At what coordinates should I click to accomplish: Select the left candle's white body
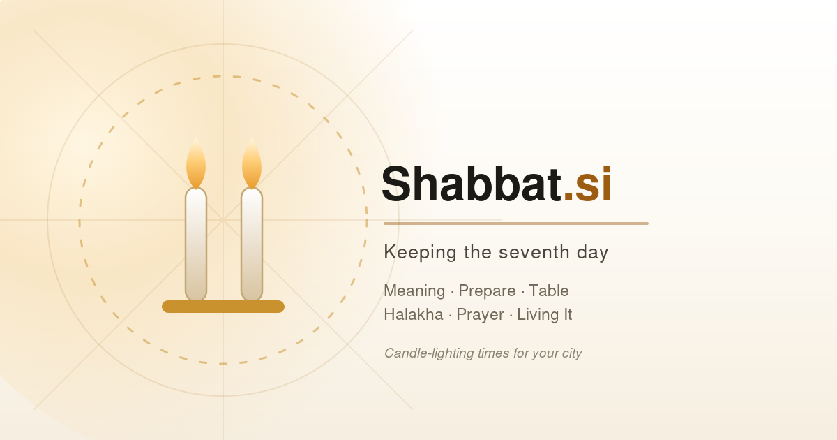(196, 244)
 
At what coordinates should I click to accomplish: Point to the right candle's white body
(252, 244)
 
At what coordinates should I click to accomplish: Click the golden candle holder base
(223, 307)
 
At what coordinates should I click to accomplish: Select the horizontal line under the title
(516, 223)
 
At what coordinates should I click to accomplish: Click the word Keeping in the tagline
(420, 253)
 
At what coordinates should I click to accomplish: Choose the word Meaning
(414, 291)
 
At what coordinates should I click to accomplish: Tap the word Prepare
(488, 291)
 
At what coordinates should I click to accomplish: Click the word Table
(549, 291)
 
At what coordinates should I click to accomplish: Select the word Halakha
(414, 315)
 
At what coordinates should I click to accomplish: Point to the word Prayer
(481, 316)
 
